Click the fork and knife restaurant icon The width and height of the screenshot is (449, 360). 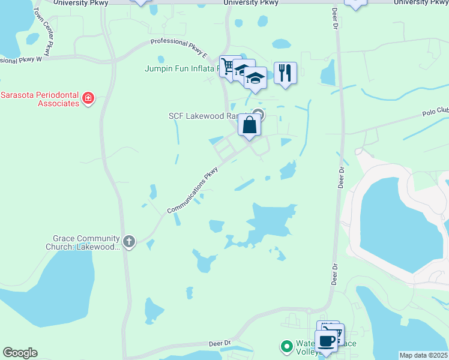pos(285,73)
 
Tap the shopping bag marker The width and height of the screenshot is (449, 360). pos(250,125)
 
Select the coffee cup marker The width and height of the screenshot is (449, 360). pos(326,341)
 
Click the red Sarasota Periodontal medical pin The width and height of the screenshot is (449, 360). pos(88,98)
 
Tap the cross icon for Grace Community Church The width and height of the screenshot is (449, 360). pos(129,241)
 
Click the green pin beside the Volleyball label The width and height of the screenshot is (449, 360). pos(287,346)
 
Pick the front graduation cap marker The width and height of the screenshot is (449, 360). pos(255,79)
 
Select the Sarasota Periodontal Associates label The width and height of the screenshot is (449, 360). pos(40,99)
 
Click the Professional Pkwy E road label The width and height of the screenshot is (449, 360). pos(179,48)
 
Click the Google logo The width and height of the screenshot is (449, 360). pos(20,353)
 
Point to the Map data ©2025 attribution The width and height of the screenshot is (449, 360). pos(423,355)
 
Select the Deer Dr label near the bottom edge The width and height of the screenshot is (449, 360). pos(220,343)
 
